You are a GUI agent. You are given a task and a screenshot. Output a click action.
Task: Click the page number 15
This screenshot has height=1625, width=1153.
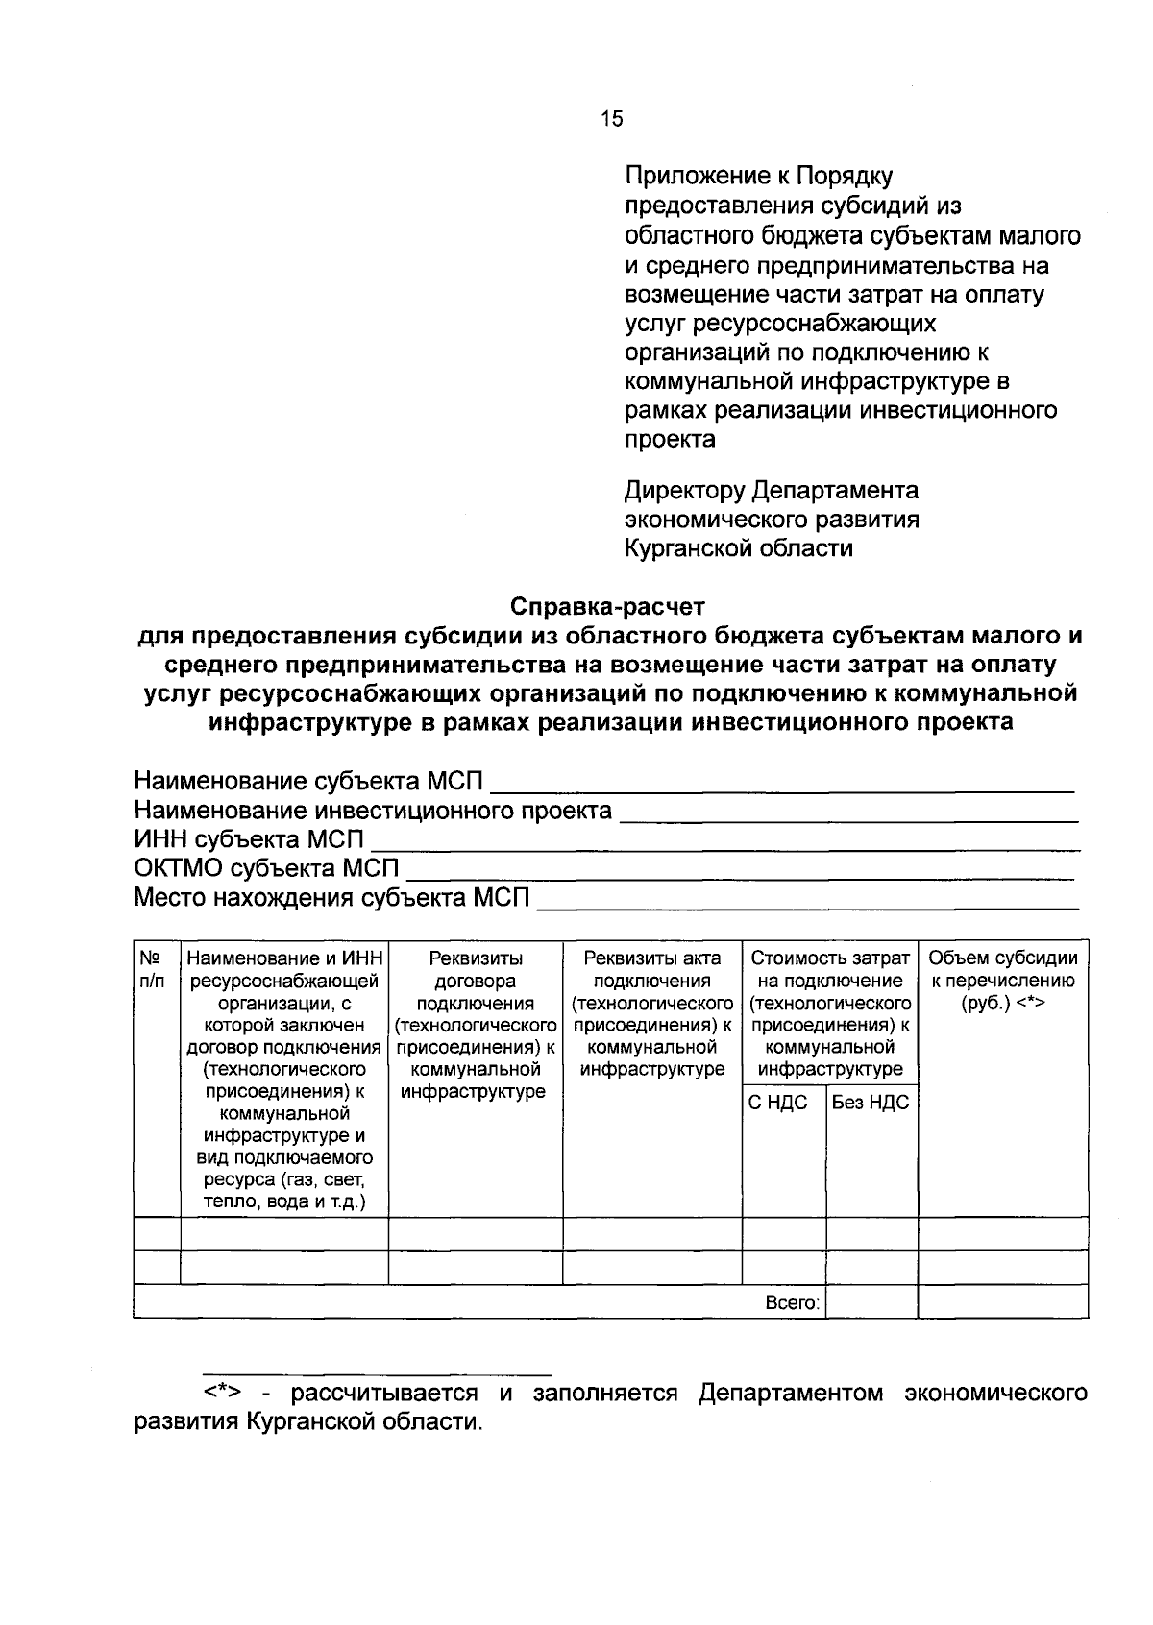[x=611, y=119]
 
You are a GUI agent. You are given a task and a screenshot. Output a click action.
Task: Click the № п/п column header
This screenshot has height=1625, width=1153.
[x=152, y=969]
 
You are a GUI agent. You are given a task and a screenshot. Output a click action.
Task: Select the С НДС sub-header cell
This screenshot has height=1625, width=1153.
[x=777, y=1103]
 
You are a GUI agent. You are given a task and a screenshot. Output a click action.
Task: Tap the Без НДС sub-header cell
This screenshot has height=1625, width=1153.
[x=870, y=1103]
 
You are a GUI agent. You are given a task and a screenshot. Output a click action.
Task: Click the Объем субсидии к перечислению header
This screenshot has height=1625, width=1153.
[x=1002, y=981]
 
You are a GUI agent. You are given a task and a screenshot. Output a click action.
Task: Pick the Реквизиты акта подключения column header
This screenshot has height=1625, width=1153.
[x=651, y=1013]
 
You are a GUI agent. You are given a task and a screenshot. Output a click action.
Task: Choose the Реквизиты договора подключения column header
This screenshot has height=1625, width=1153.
[x=475, y=1024]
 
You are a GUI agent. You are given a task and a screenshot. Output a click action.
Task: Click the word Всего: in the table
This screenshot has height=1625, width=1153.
[x=792, y=1303]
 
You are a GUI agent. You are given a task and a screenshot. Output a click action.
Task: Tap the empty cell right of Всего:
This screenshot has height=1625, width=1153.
[x=871, y=1302]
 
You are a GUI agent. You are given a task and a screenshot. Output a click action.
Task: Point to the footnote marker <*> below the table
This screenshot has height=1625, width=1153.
[x=221, y=1393]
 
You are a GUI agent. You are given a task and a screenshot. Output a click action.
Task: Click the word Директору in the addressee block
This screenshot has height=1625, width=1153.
[x=684, y=491]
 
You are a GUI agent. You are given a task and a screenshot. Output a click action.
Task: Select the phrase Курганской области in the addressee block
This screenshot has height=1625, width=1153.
[x=738, y=548]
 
